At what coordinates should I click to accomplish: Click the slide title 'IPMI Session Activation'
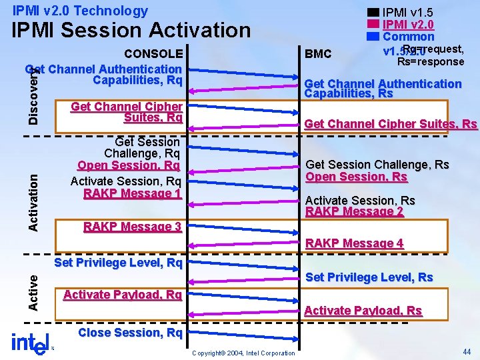coord(131,30)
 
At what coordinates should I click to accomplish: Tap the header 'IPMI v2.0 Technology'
coord(80,11)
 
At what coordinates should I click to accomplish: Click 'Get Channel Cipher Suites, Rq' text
coord(126,112)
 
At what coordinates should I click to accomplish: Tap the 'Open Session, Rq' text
coord(129,165)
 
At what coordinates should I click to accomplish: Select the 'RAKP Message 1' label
coord(132,193)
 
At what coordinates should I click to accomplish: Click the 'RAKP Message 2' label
coord(354,212)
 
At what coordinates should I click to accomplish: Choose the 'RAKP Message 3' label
coord(132,227)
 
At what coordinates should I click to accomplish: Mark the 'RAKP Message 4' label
coord(354,243)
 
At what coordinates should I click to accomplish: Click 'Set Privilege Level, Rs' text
coord(369,277)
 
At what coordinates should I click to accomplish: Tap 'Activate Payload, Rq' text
coord(122,295)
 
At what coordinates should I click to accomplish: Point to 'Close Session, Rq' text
coord(130,332)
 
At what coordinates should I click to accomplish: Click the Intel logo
coord(31,343)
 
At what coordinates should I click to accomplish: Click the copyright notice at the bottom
coord(243,353)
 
